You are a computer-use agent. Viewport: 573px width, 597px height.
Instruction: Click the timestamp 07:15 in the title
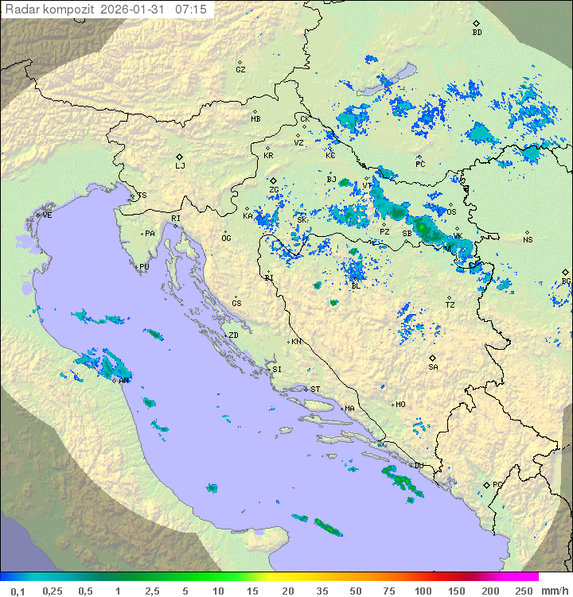[190, 9]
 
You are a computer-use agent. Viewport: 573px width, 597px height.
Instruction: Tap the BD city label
[477, 33]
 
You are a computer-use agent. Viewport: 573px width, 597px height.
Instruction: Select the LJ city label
[180, 166]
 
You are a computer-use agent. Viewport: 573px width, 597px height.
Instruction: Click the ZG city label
[274, 190]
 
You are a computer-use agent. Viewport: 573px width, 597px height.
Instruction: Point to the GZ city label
[240, 69]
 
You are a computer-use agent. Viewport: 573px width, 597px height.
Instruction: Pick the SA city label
[433, 366]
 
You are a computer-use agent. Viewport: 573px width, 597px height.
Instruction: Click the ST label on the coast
[315, 389]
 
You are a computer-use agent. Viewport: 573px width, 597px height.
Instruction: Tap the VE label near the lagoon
[47, 215]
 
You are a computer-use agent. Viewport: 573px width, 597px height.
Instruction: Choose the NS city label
[528, 239]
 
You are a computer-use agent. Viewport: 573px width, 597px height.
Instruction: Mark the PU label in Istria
[144, 267]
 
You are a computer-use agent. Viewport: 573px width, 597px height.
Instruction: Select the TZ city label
[450, 304]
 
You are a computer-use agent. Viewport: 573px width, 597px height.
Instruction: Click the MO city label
[400, 404]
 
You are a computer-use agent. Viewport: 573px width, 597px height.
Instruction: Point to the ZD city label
[233, 335]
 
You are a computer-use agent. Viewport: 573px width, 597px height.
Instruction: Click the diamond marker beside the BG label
[565, 272]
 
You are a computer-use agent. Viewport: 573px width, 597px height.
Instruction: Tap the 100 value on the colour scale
[423, 591]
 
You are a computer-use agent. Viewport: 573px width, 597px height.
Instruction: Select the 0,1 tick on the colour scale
[18, 591]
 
